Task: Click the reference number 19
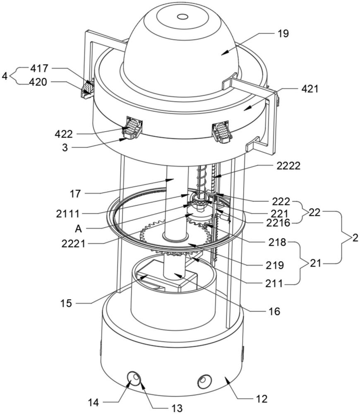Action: coord(283,34)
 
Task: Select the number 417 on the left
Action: coord(38,68)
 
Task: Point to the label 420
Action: coord(38,82)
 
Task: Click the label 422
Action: coord(63,134)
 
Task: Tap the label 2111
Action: coord(68,214)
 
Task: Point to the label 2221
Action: coord(74,243)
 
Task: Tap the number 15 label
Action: coord(66,303)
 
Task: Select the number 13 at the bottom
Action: coord(177,408)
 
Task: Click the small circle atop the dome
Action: coord(182,17)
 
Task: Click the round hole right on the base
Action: coord(204,380)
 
